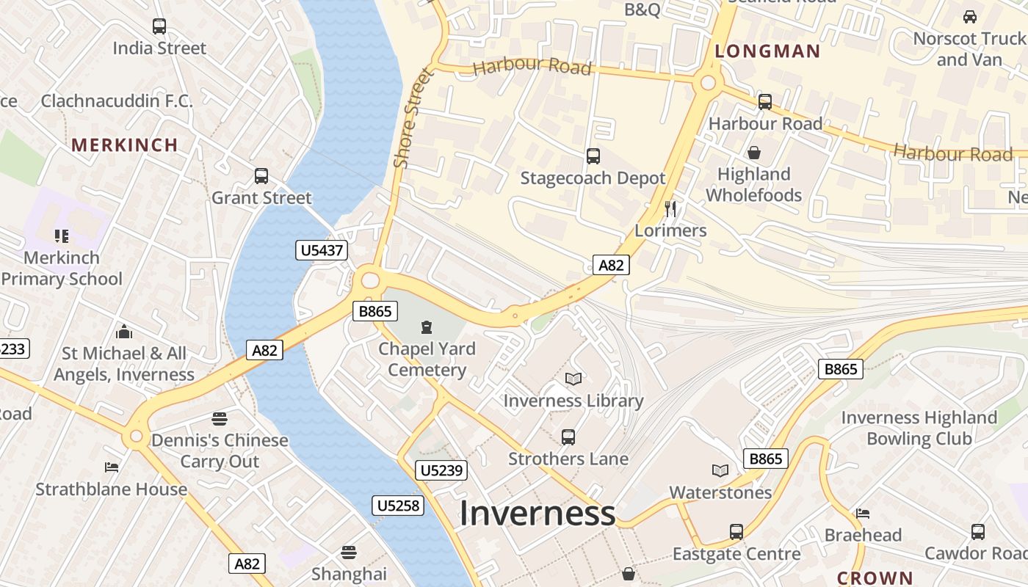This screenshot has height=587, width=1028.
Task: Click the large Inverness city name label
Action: coord(537,513)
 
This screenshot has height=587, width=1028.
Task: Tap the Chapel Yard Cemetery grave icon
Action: coord(427,327)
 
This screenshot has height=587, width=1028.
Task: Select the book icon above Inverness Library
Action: coord(573,379)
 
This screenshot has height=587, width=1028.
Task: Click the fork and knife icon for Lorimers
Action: coord(670,208)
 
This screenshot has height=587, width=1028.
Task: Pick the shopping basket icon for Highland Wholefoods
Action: coord(753,153)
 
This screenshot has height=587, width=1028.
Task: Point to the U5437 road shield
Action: coord(322,250)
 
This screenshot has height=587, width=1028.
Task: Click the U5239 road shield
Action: coord(441,470)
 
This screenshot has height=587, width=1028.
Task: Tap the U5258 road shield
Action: coord(399,506)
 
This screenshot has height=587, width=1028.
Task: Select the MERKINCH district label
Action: coord(125,145)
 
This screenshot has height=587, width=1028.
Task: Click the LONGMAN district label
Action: coord(767,51)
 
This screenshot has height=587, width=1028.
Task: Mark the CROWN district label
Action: coord(875,578)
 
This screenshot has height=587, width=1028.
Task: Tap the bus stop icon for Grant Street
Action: coord(261,176)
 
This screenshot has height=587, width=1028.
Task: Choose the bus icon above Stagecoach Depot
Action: coord(593,156)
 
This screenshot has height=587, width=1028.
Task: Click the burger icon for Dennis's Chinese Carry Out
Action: coord(220,419)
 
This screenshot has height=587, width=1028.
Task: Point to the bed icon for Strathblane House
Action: coord(112,467)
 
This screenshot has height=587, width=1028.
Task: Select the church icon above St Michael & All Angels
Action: coord(124,332)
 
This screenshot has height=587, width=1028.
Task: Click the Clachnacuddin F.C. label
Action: coord(117,101)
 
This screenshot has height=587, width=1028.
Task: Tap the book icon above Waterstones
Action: coord(720,470)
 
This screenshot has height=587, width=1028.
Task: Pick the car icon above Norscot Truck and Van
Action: coord(969,16)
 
